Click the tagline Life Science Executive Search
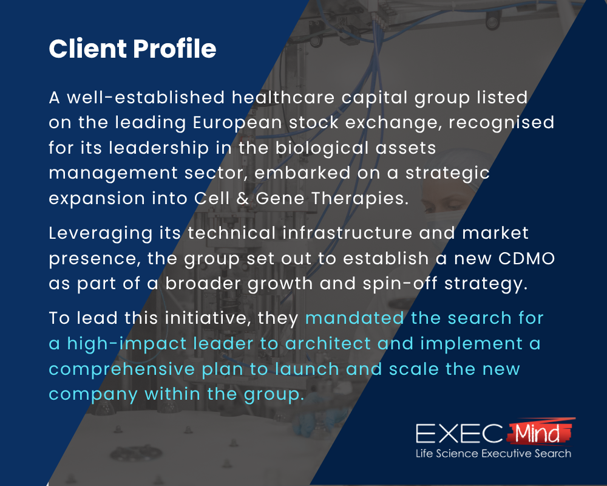pyautogui.click(x=493, y=453)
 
